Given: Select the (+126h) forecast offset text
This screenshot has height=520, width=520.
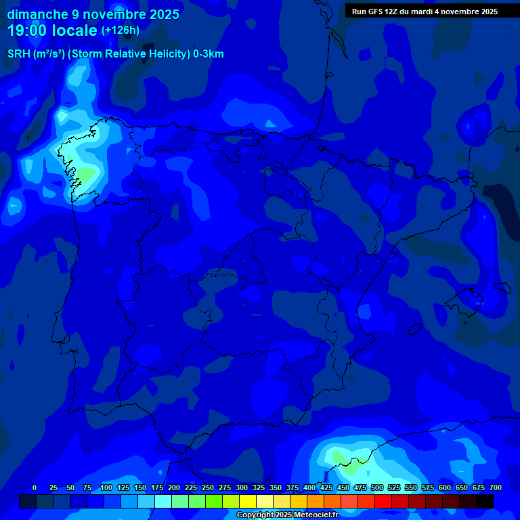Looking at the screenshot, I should click(120, 30).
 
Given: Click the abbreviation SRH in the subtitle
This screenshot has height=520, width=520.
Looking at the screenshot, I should click(19, 54).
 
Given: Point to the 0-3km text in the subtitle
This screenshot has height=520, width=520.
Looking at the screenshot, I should click(208, 54).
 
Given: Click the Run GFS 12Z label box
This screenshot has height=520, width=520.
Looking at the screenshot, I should click(425, 11).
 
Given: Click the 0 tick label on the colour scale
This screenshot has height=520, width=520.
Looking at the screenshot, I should click(35, 487).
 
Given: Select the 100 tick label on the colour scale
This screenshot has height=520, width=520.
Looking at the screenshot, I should click(106, 487).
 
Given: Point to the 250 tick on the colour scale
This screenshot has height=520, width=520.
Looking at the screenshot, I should click(208, 487).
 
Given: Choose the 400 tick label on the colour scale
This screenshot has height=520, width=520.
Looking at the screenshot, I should click(309, 487).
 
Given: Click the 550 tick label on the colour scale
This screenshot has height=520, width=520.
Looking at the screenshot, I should click(411, 487).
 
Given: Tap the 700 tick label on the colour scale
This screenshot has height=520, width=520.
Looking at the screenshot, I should click(496, 487).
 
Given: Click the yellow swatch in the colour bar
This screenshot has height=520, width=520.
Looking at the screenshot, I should click(248, 501).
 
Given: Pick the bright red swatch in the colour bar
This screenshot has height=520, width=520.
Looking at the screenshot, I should click(383, 501).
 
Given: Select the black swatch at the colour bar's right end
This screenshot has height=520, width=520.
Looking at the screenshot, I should click(485, 501).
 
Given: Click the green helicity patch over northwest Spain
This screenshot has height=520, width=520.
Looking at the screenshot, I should click(86, 175).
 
